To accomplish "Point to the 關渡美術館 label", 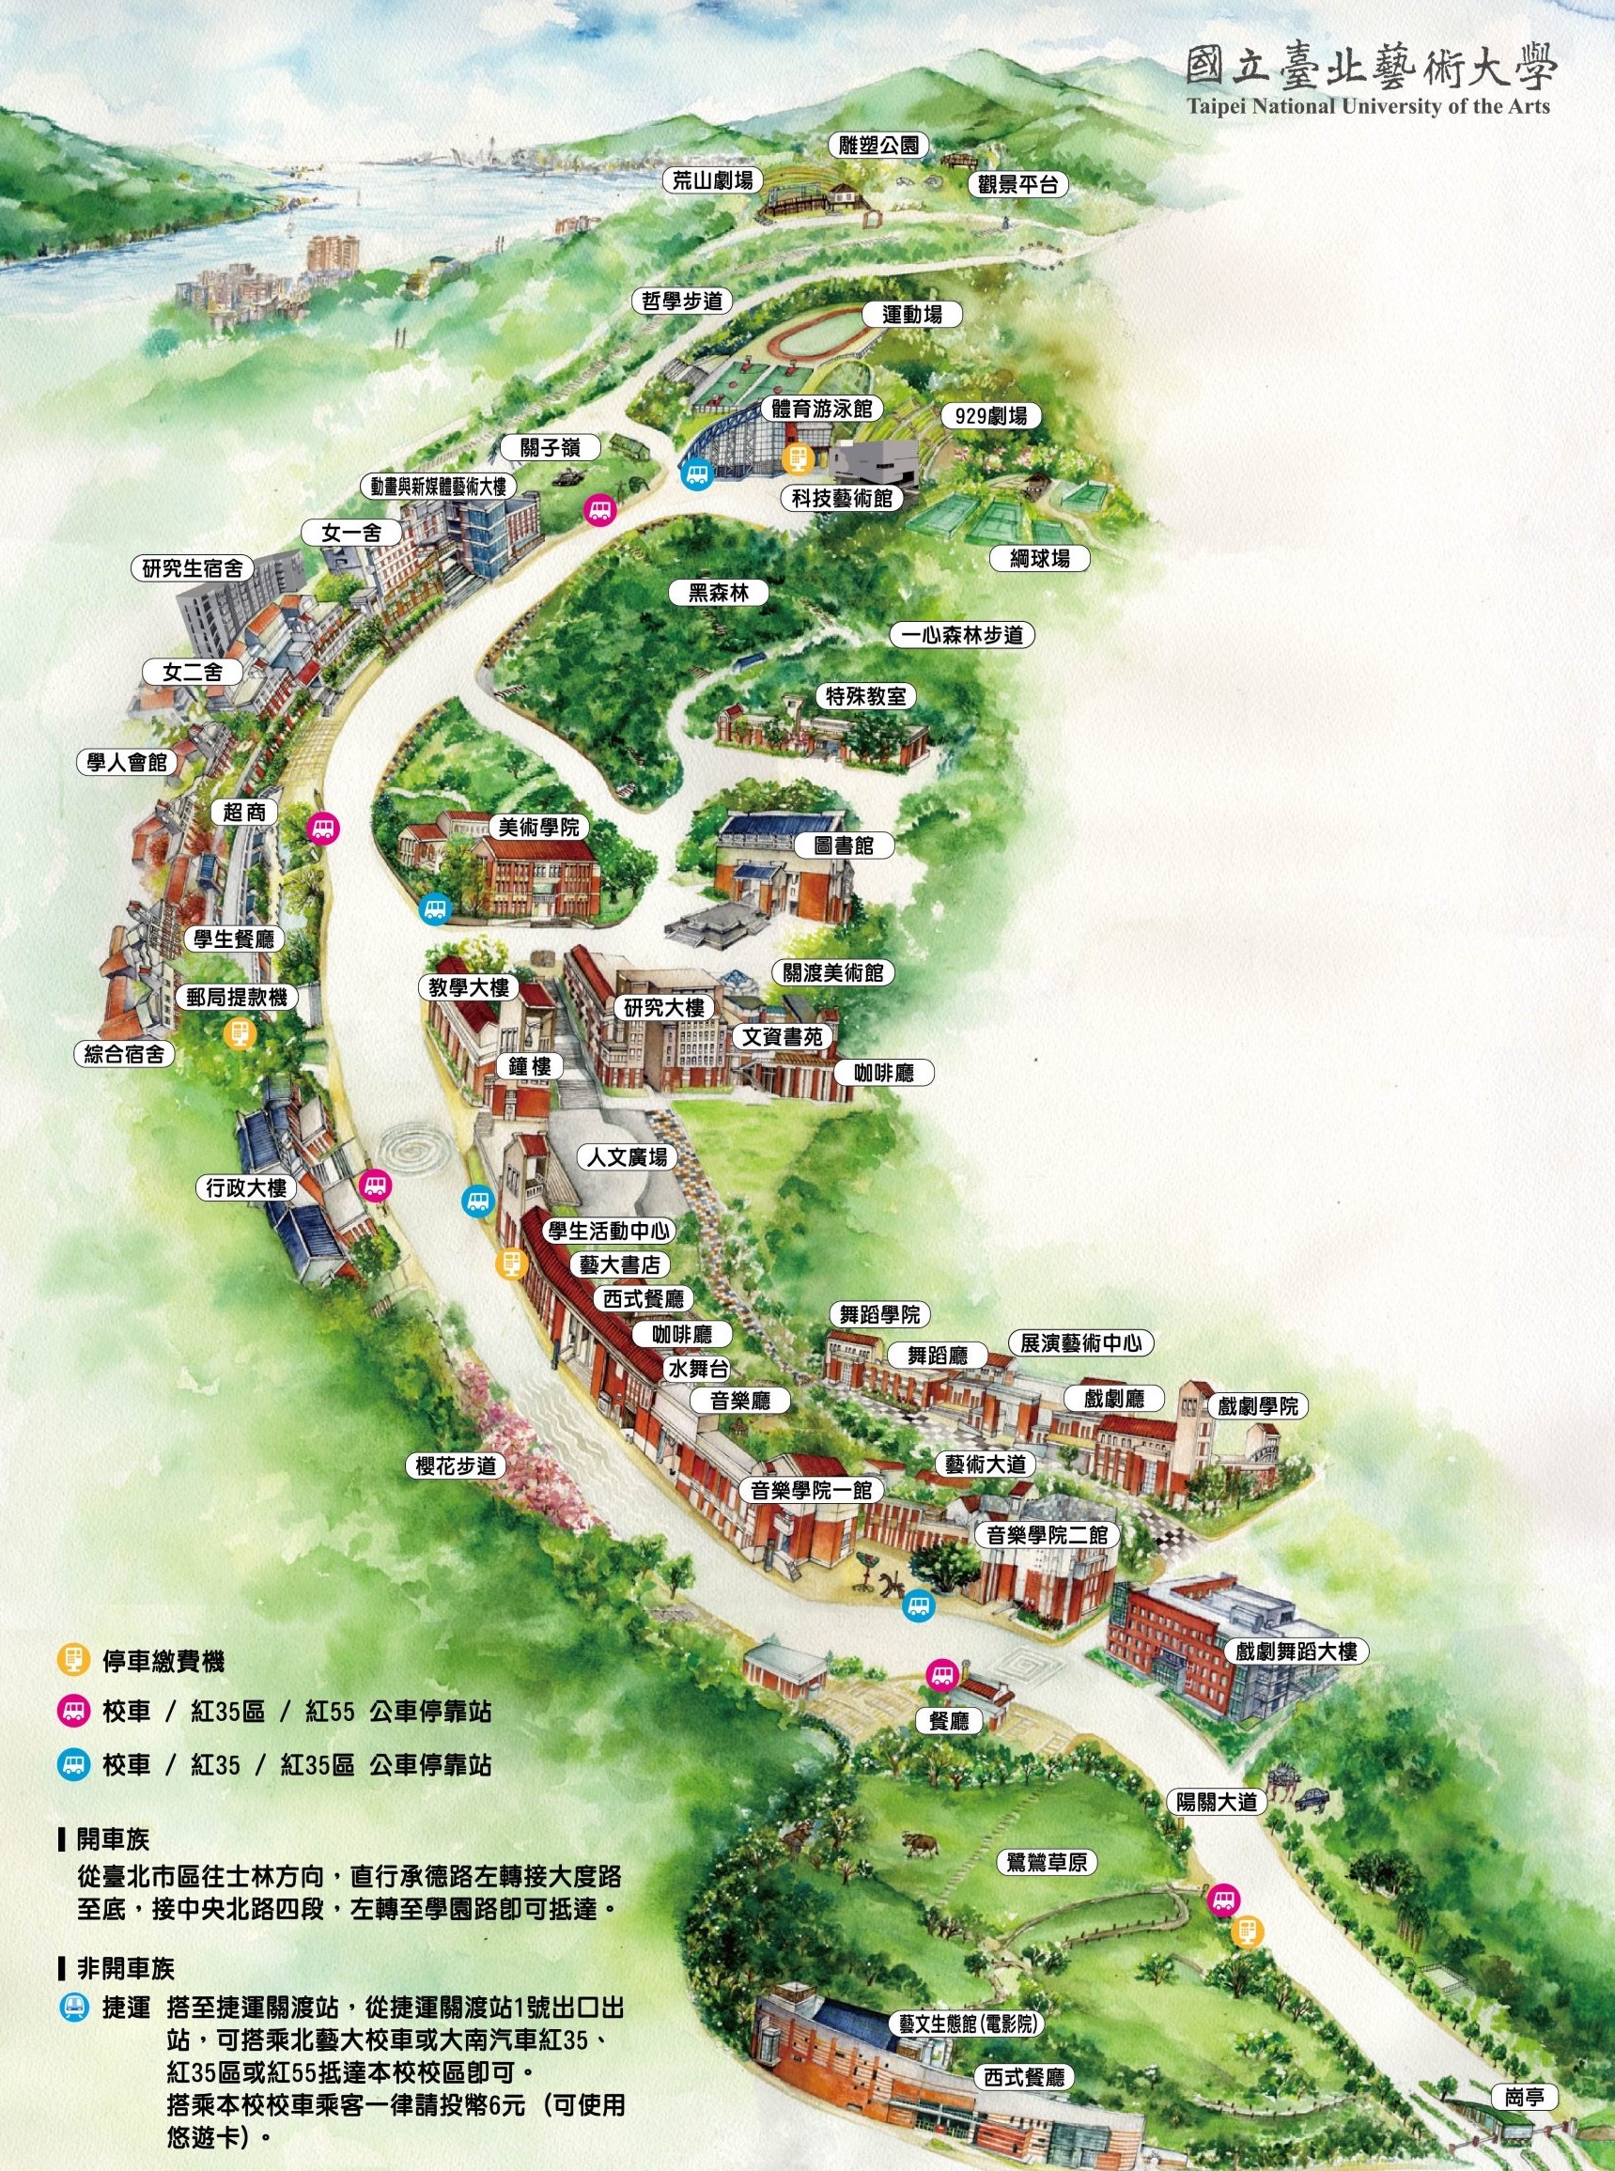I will coord(833,971).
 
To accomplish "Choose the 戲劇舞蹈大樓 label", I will coord(1296,1651).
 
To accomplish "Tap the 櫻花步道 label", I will coord(456,1465).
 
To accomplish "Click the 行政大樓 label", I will coord(247,1187).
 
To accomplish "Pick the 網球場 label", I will coord(1040,557).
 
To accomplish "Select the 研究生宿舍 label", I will coord(193,567).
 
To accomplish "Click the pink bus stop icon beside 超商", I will coord(322,829).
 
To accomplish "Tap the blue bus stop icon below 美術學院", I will coord(435,909).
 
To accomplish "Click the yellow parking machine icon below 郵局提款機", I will coord(240,1031).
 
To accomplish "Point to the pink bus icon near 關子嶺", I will coord(599,509).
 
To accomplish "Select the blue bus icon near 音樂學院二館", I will coord(918,1603).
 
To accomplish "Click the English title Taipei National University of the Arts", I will coord(1368,104).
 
